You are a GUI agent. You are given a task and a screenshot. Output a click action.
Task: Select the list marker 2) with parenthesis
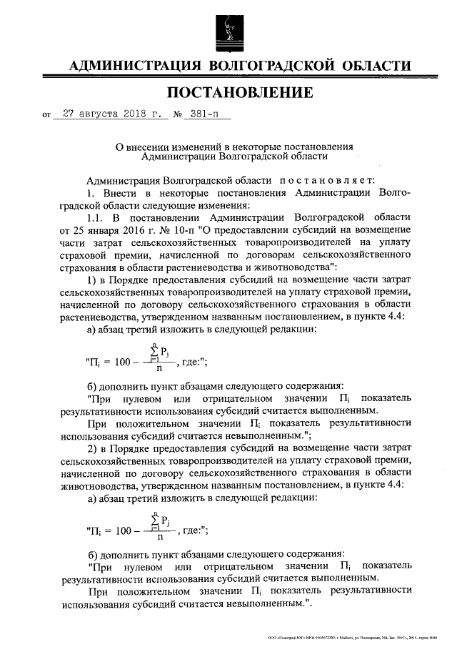point(91,448)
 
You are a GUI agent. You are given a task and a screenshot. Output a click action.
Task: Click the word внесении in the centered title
point(157,144)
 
